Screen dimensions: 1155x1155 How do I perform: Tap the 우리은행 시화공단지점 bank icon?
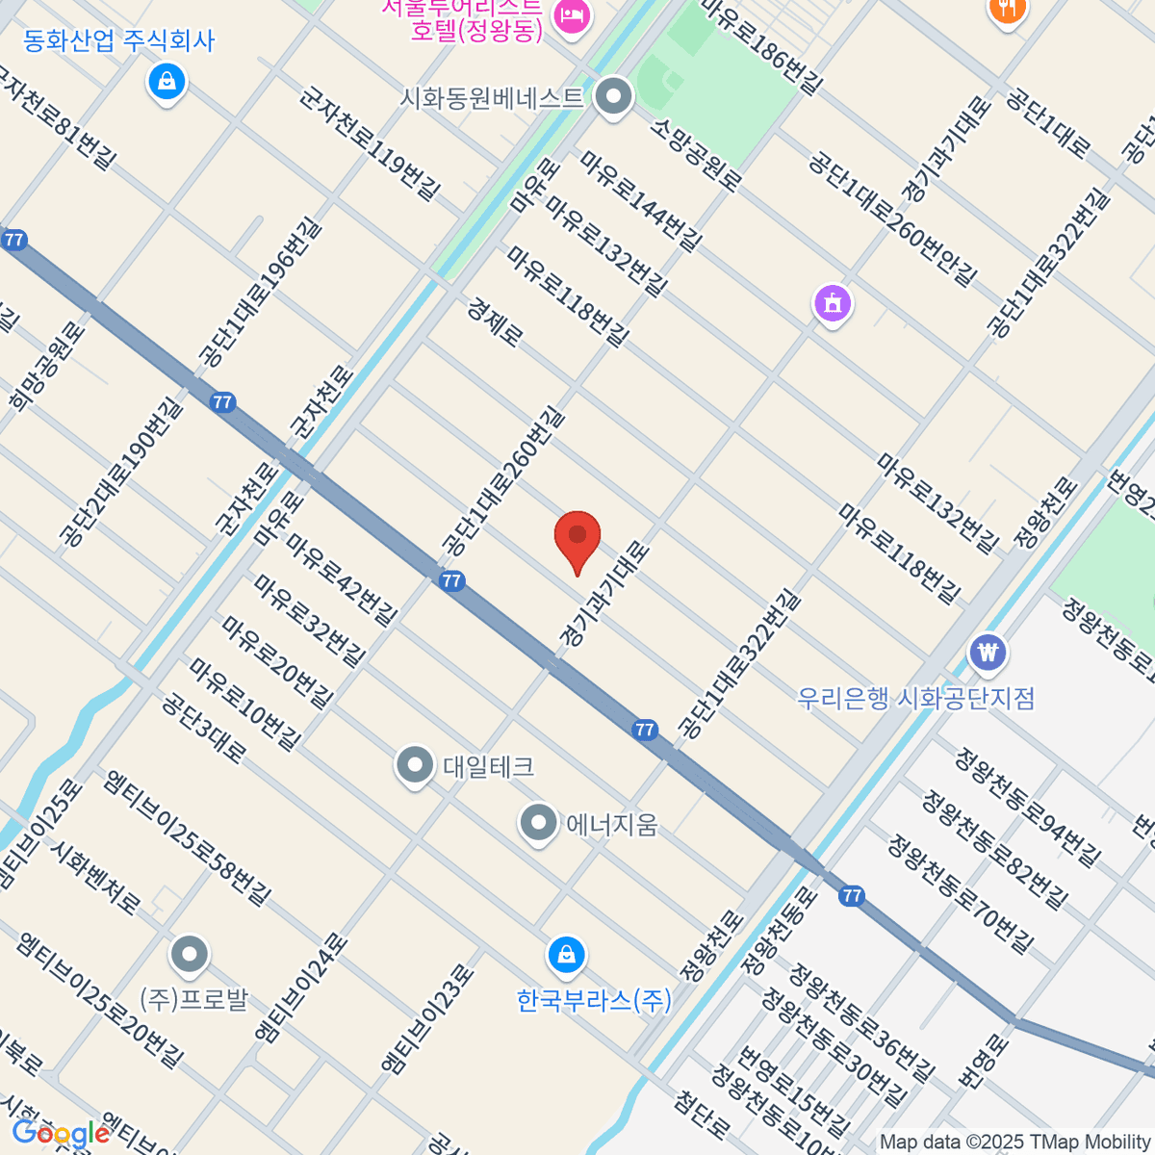click(x=988, y=653)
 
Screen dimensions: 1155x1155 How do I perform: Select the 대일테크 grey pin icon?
click(x=415, y=766)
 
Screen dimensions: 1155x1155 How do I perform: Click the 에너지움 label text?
click(x=611, y=825)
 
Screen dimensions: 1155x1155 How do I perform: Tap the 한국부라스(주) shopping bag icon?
click(x=566, y=956)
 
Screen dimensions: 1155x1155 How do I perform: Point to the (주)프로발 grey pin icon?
click(x=189, y=955)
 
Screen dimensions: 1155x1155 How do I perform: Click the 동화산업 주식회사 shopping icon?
click(x=167, y=82)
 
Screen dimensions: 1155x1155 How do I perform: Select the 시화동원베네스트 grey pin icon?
click(x=613, y=97)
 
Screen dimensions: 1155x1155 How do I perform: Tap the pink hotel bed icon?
click(x=572, y=16)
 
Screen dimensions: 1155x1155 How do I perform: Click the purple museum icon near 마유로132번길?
click(x=833, y=303)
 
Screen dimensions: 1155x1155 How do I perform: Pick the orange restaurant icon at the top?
click(x=1006, y=10)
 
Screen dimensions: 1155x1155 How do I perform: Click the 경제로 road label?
click(x=496, y=321)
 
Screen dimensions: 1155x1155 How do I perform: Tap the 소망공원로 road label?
click(x=696, y=155)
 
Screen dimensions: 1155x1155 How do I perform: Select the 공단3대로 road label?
click(x=204, y=728)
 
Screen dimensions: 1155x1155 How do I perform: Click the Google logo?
click(x=60, y=1133)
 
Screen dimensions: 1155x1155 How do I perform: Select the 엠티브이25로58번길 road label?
click(x=189, y=837)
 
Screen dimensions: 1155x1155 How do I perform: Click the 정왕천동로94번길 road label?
click(x=1027, y=807)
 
